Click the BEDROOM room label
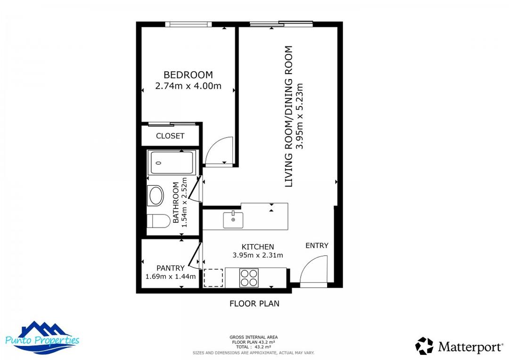188,75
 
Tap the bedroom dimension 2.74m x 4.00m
188,87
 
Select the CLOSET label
170,136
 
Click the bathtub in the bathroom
171,163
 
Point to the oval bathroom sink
156,196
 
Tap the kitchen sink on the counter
233,220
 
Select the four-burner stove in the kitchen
249,278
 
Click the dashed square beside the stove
213,278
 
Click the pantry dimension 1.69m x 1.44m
171,277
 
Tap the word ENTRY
317,245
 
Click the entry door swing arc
313,270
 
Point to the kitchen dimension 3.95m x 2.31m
258,255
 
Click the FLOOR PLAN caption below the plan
254,304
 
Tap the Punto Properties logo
42,337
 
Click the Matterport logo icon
424,346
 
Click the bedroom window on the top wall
188,25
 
